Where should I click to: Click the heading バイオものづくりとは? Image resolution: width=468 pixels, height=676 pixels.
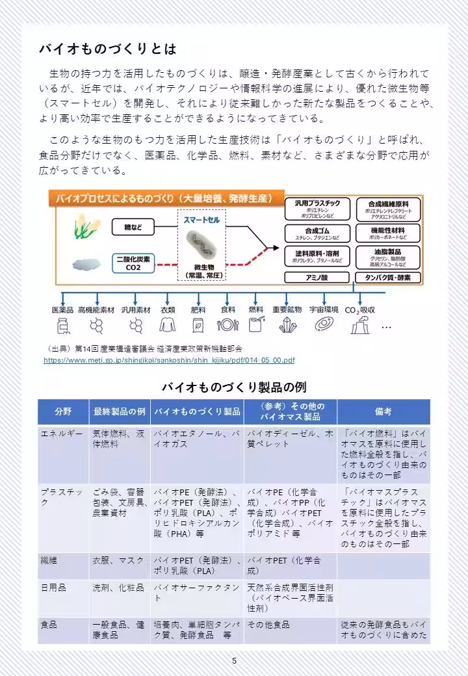(x=107, y=49)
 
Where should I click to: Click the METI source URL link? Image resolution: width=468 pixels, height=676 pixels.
(x=169, y=360)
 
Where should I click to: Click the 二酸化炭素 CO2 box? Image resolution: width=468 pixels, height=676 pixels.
(x=133, y=263)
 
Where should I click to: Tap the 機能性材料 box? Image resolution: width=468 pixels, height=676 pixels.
(x=387, y=233)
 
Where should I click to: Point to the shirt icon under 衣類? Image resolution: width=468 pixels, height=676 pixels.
(x=168, y=324)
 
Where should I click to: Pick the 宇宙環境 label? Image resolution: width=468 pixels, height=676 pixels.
(x=323, y=309)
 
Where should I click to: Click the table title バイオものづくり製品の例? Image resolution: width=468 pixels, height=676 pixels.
(x=233, y=387)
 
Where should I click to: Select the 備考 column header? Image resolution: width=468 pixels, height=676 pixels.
(x=383, y=411)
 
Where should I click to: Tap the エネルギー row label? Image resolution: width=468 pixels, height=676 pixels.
(x=62, y=433)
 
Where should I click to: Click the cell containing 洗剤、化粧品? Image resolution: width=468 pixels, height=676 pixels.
(x=118, y=588)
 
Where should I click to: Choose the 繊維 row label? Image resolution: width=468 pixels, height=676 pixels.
(x=49, y=560)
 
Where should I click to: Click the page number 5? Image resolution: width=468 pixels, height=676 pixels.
(x=234, y=661)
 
